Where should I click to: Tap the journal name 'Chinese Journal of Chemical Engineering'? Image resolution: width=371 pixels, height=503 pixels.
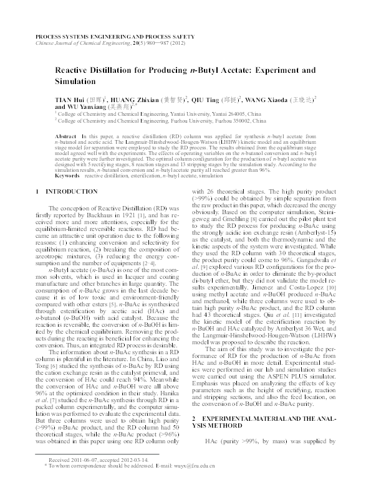[x=80, y=45]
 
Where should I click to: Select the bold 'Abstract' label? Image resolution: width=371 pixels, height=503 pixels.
[x=65, y=135]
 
